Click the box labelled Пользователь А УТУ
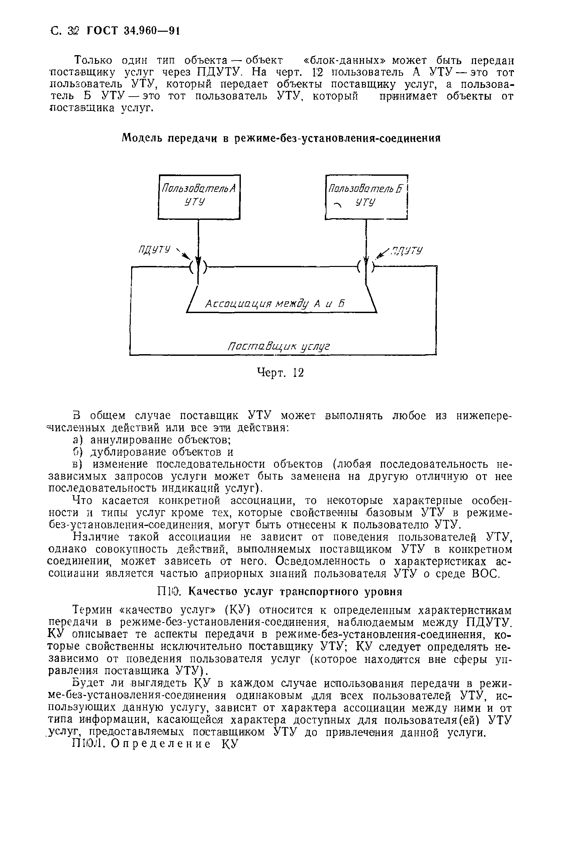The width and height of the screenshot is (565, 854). (199, 196)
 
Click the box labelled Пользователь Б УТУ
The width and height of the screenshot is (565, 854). (366, 196)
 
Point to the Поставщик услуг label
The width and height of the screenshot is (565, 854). (279, 346)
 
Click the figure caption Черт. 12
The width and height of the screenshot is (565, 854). (280, 373)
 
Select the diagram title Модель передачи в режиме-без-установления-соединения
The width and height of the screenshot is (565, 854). (281, 138)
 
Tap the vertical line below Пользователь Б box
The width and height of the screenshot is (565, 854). (366, 238)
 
